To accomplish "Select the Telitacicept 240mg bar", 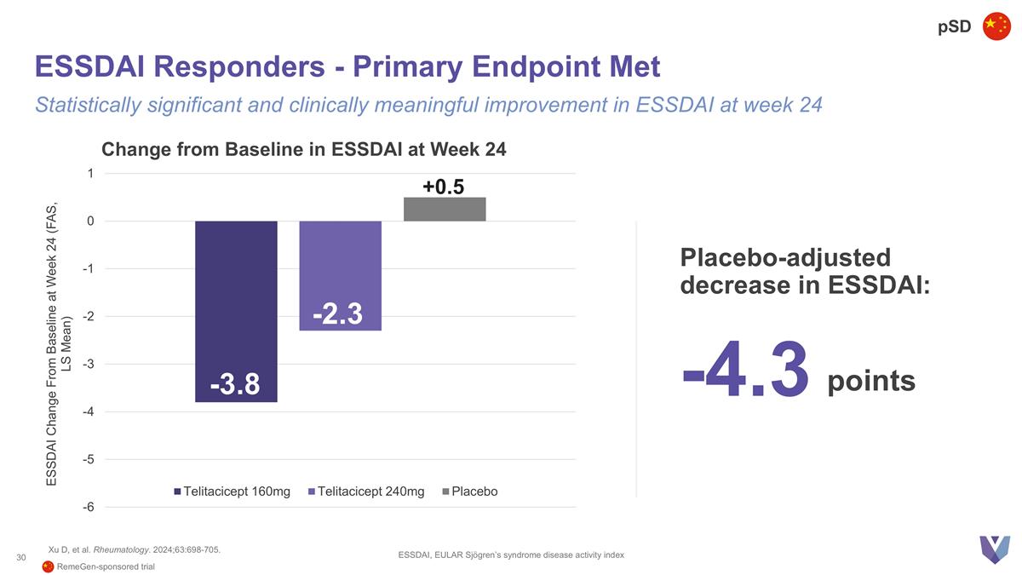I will (340, 264).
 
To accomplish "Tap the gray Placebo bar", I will (445, 210).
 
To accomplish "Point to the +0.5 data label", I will (443, 187).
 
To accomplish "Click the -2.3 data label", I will (337, 315).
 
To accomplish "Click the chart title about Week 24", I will (303, 150).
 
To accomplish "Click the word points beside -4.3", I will (870, 382).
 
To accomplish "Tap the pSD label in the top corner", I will (954, 27).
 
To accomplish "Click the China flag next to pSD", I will (996, 26).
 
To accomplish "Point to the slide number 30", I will (21, 557).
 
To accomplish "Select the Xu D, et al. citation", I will (135, 549).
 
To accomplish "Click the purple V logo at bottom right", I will (993, 549).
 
